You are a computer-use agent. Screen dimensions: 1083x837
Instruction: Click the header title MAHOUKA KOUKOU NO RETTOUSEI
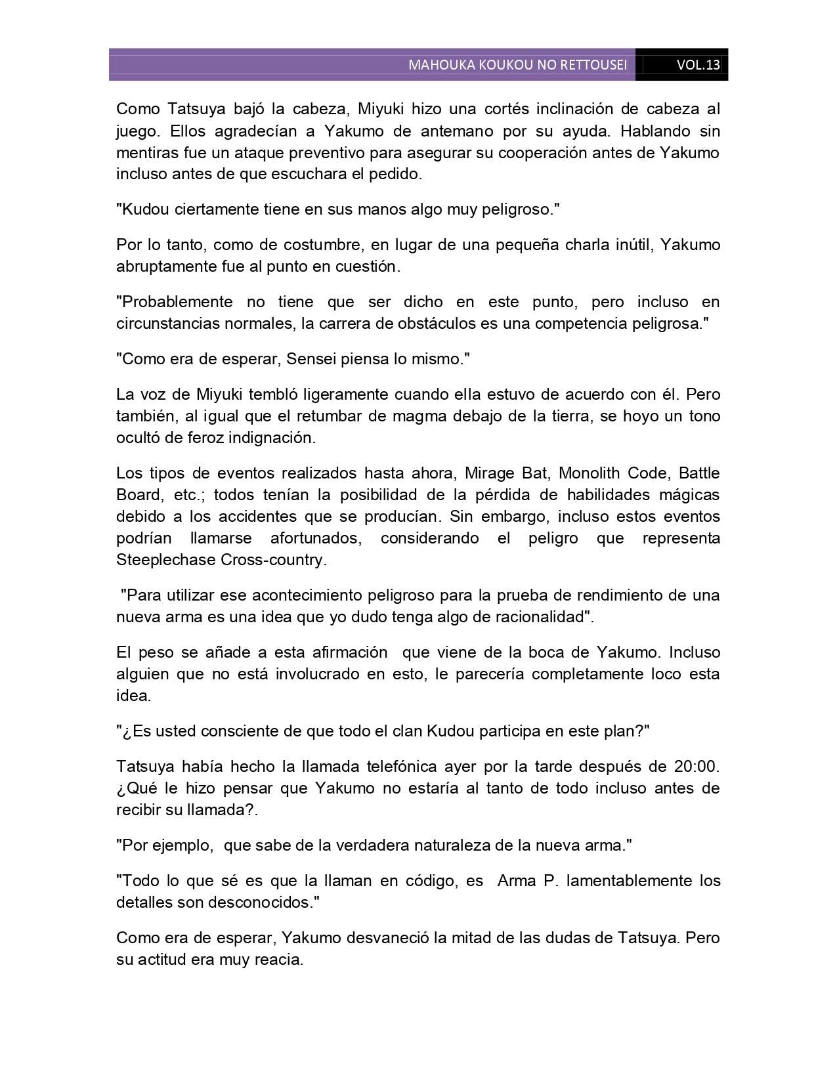click(x=517, y=65)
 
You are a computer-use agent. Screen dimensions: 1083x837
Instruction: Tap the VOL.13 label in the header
click(x=698, y=65)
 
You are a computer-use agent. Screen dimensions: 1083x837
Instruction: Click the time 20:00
click(x=697, y=767)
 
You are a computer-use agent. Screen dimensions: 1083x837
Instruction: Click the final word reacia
click(x=277, y=960)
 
